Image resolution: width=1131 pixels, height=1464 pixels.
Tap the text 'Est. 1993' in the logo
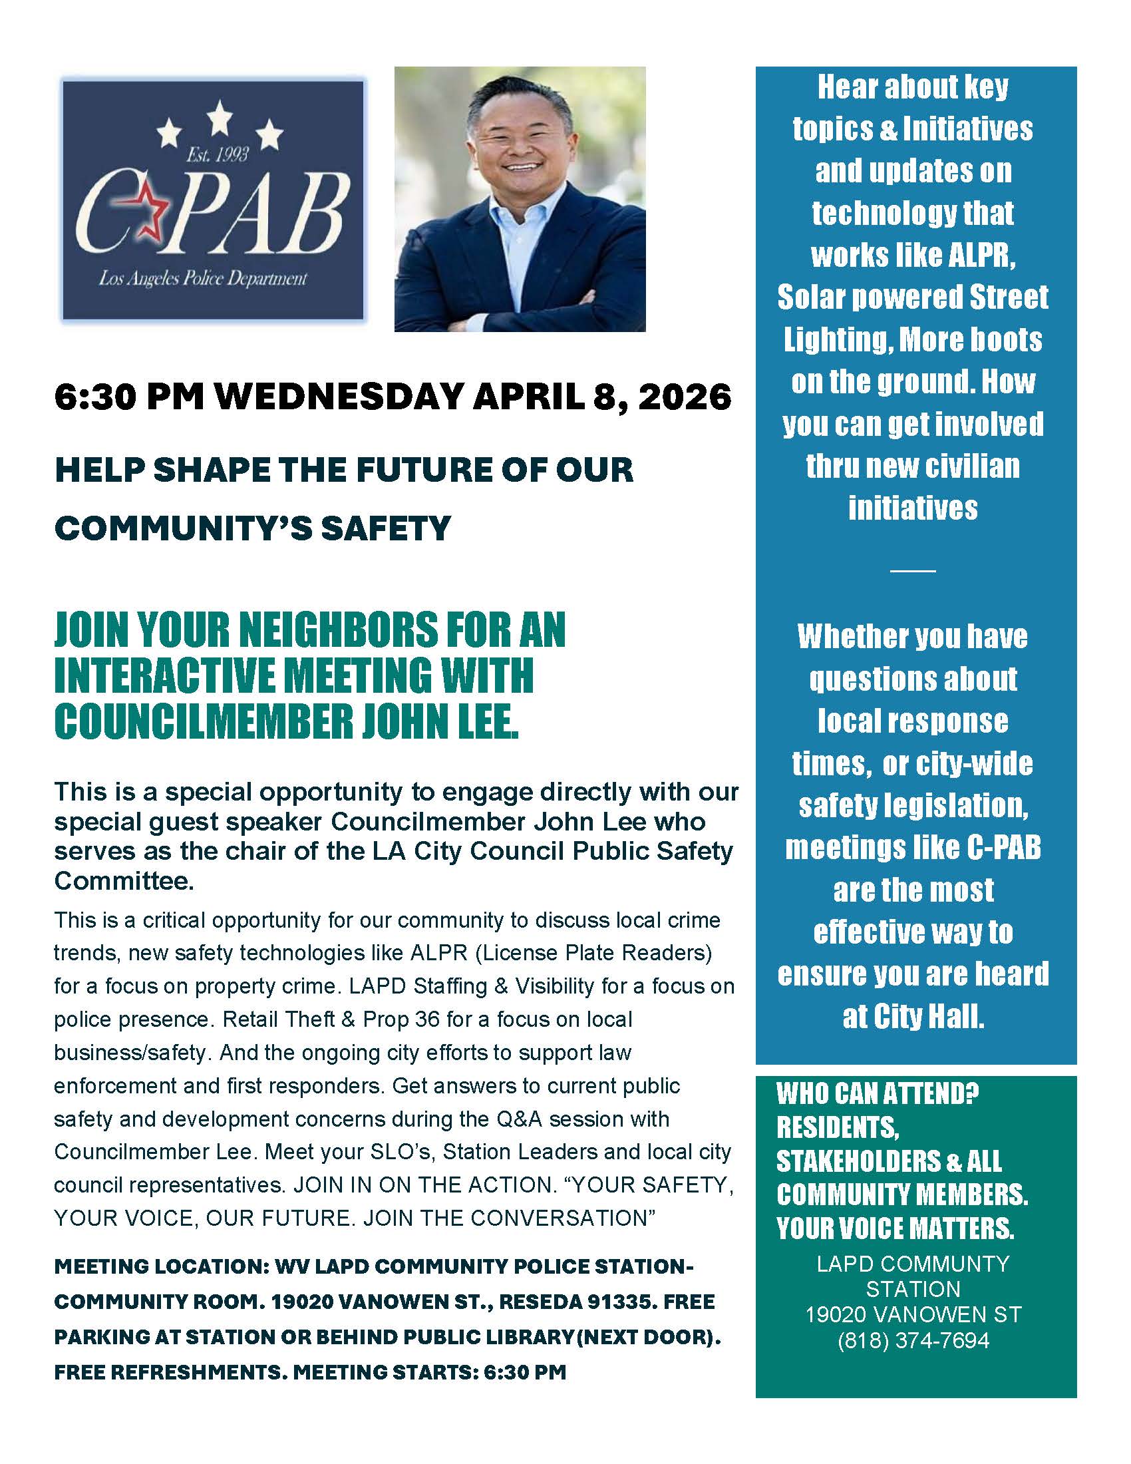216,156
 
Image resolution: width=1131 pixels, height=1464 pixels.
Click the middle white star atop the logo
219,118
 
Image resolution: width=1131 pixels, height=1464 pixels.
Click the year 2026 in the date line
684,397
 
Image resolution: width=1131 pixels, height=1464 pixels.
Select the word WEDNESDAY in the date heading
339,397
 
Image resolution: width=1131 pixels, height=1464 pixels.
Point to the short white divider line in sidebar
913,570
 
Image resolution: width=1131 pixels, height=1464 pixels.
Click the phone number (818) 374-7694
913,1340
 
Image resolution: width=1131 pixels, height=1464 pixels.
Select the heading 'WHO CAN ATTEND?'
877,1093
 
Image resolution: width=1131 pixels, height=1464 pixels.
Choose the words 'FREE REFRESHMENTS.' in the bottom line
170,1372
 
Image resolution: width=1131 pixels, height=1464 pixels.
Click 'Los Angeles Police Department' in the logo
202,278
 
